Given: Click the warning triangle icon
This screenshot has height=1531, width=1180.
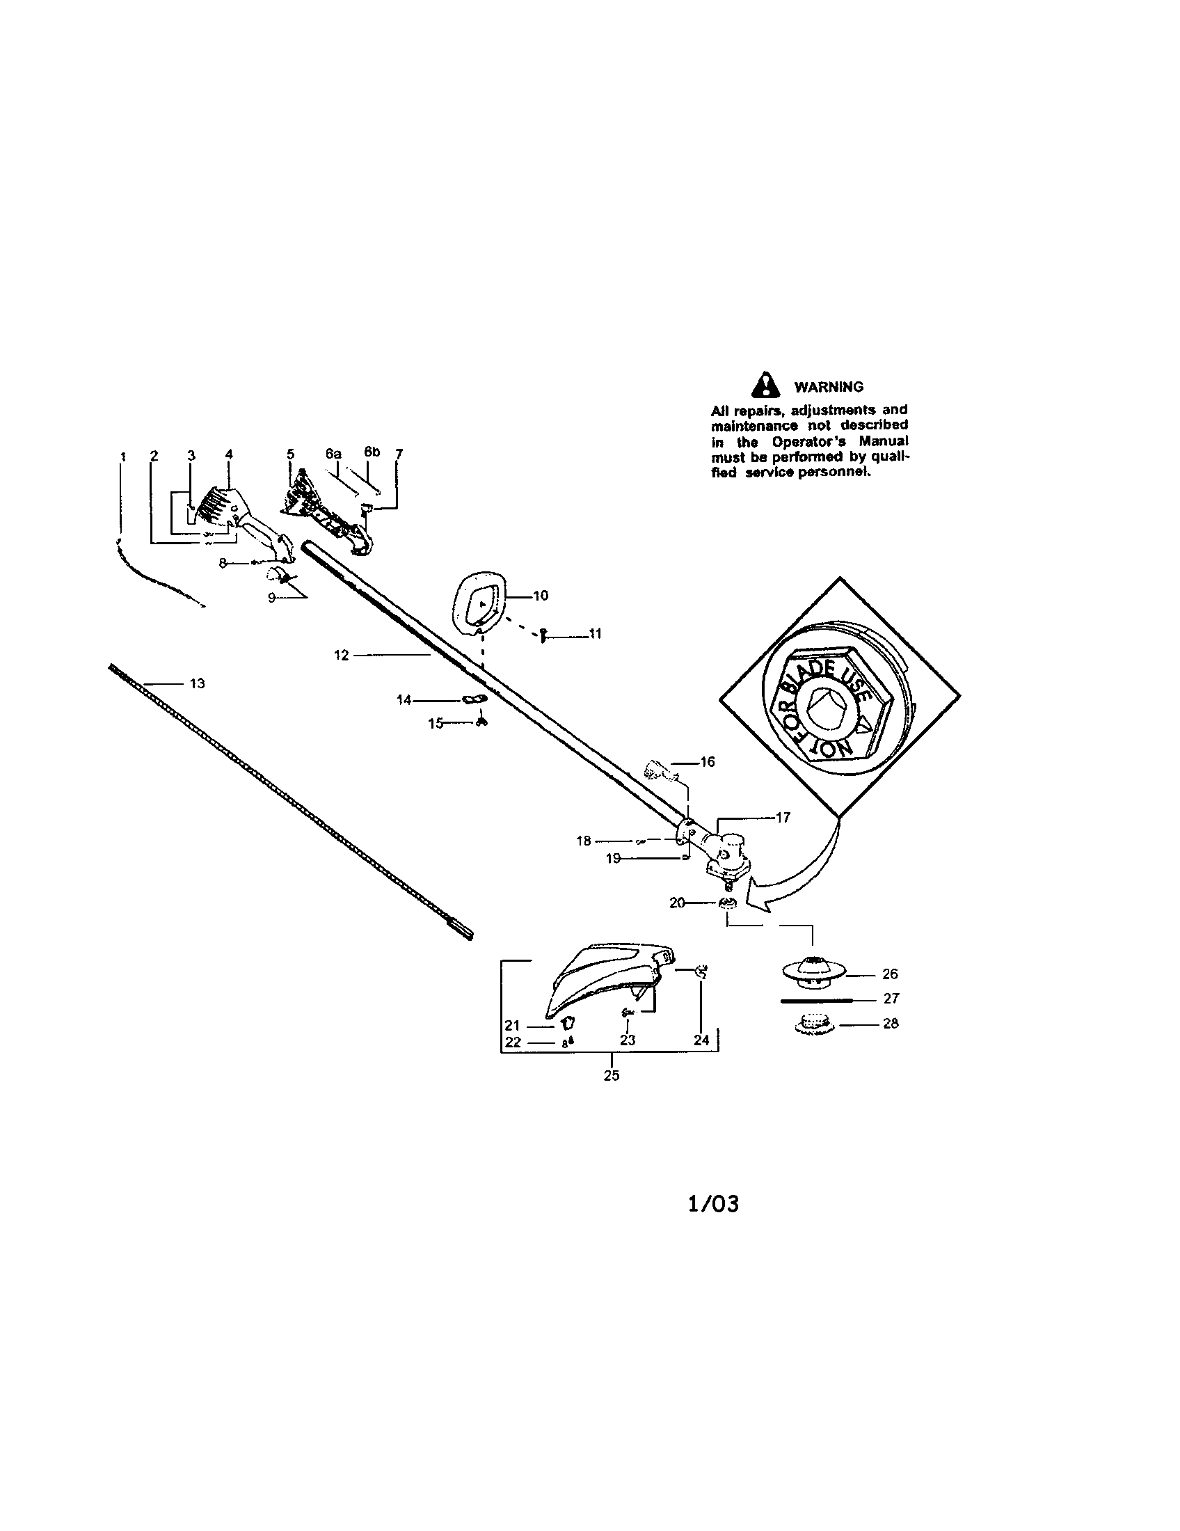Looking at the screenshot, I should pos(769,385).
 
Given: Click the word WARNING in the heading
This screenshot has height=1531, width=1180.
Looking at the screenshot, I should pos(828,387).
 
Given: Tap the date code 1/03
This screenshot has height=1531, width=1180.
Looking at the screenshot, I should pos(713,1204).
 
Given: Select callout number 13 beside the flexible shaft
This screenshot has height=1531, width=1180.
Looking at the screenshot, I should pos(198,683).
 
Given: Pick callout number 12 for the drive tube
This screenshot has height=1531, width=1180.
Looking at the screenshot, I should pos(341,656).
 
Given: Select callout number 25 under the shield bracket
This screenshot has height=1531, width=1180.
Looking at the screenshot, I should pos(612,1075).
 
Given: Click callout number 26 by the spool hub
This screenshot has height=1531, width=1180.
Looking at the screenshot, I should pos(890,974).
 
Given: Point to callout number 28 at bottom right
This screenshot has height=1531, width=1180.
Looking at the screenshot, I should pos(891,1023).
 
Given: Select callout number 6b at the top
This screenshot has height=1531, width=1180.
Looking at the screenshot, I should pos(372,452).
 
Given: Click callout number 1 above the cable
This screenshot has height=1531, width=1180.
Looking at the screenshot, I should pos(122,456).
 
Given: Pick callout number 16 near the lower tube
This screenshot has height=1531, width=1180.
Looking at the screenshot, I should pos(708,761).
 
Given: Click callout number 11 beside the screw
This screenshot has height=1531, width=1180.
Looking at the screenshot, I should pos(595,634).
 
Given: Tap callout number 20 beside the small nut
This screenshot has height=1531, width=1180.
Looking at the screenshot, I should pos(677,903).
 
